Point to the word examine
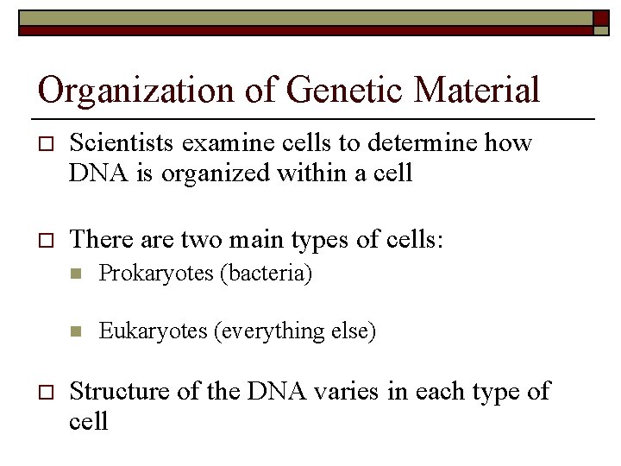[x=231, y=143]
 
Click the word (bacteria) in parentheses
[x=266, y=275]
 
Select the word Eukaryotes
[x=154, y=331]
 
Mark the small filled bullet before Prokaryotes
[x=75, y=275]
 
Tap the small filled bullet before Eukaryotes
[x=75, y=331]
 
